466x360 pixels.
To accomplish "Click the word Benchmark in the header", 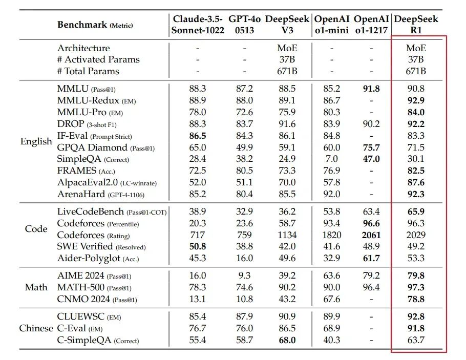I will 82,24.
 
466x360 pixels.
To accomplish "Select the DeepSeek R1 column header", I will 415,25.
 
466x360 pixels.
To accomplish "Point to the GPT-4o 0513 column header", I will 244,25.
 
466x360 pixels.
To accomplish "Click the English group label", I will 36,141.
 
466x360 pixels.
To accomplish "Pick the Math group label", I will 36,287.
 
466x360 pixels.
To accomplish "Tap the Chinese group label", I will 36,328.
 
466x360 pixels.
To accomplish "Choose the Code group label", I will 36,229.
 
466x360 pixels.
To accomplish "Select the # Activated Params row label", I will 98,59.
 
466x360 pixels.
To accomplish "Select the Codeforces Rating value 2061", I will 371,235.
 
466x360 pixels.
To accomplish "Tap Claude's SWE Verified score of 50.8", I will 197,247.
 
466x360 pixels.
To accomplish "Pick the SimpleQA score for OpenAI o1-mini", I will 332,159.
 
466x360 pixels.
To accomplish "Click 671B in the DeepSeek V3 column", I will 287,71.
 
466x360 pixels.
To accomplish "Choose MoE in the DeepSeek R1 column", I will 415,48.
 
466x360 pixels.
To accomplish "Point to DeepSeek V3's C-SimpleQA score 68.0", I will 287,341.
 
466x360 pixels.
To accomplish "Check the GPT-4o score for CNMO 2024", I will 244,300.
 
